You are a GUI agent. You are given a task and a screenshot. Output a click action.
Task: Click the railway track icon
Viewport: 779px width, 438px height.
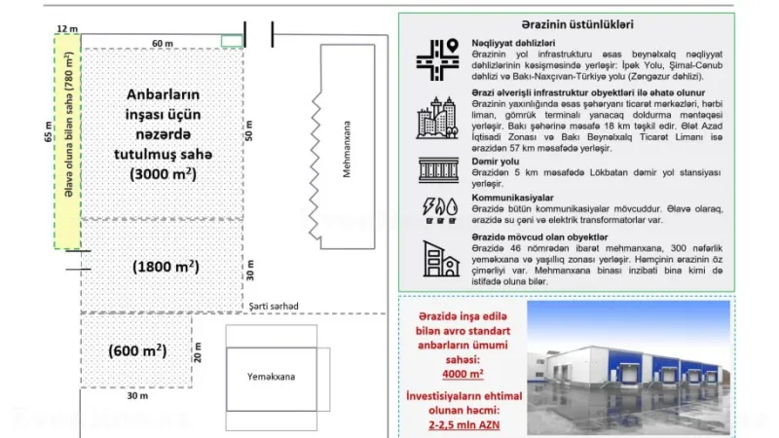[436, 170]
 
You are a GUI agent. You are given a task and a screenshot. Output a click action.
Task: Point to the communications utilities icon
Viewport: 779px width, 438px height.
[436, 207]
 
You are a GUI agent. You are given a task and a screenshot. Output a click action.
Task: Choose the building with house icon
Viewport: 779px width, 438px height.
[436, 258]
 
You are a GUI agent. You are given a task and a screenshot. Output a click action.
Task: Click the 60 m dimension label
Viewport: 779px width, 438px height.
[162, 44]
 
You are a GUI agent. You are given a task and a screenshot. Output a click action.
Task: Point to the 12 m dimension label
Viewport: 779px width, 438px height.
[66, 29]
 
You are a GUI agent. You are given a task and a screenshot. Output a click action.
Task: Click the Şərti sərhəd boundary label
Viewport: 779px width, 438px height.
[271, 306]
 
